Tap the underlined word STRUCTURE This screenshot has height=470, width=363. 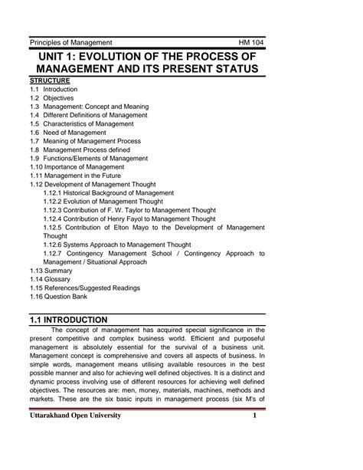[50, 81]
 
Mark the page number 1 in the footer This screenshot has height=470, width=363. [253, 437]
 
